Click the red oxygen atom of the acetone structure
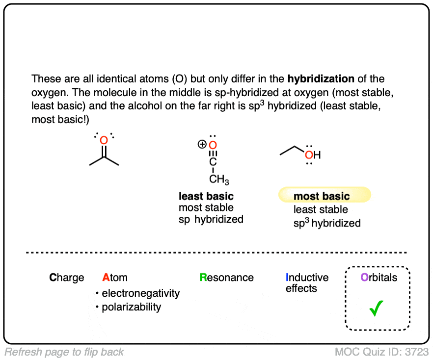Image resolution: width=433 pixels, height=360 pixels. [x=104, y=141]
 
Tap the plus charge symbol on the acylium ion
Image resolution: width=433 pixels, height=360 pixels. [x=201, y=145]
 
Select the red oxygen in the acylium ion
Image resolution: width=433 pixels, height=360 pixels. [x=213, y=145]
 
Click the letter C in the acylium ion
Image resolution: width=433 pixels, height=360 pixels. [x=213, y=163]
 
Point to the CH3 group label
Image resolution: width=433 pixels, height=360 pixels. [x=219, y=180]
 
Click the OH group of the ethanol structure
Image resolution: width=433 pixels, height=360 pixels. [x=312, y=155]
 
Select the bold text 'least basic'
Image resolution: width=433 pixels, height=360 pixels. [x=206, y=197]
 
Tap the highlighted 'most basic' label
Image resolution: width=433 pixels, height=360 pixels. [x=322, y=197]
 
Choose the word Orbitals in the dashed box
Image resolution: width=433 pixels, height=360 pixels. [x=379, y=278]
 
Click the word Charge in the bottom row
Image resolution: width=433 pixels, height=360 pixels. [x=67, y=278]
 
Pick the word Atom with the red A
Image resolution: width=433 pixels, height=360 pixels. [x=115, y=278]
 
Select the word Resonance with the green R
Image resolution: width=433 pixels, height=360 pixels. [x=226, y=278]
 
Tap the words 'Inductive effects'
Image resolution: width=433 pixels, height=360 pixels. [x=307, y=283]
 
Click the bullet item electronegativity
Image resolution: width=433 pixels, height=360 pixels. [x=140, y=293]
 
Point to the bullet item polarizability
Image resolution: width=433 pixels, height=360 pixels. [x=131, y=308]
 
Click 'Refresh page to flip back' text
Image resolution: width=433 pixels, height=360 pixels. [x=64, y=352]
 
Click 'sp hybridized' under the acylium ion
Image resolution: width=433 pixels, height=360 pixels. [x=211, y=219]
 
